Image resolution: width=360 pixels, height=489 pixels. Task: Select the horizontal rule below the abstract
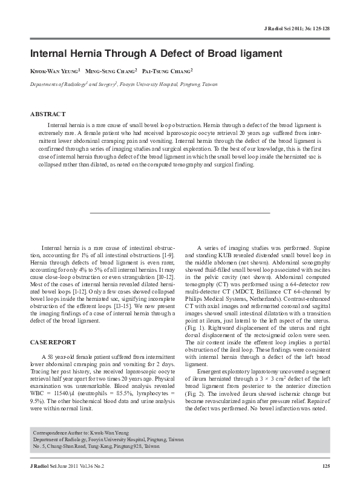click(180, 212)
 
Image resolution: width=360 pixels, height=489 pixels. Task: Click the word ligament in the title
click(255, 53)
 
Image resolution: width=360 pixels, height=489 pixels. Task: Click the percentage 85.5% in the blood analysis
click(119, 401)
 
